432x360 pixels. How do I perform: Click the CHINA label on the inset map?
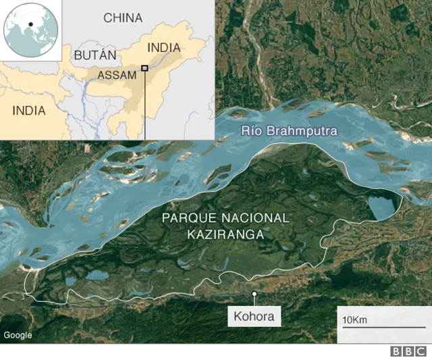coord(123,18)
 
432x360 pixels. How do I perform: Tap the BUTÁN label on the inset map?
coord(95,55)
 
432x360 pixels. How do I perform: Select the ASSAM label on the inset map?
coord(117,75)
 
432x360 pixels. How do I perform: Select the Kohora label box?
coord(255,316)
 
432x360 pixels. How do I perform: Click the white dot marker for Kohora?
coord(254,294)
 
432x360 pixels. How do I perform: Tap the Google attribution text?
coord(18,335)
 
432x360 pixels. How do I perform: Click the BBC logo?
coord(407,352)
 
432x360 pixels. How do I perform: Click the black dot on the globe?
coord(30,25)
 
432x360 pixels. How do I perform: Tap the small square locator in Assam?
coord(144,68)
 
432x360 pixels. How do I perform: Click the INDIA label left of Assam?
coord(29,110)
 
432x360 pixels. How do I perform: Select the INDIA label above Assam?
coord(163,47)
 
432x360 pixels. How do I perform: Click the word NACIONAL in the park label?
coord(259,219)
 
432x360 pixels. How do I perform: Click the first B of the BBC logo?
coord(396,352)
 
